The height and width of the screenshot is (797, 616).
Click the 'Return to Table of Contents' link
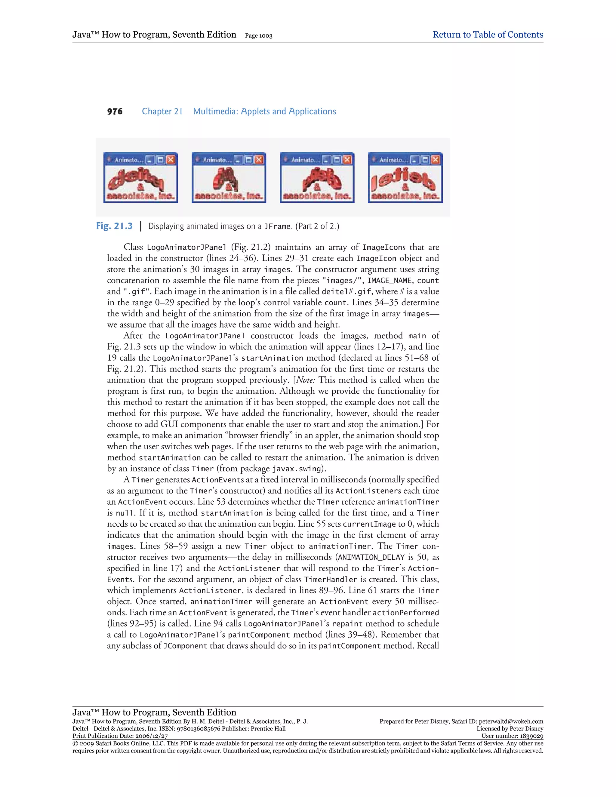(488, 35)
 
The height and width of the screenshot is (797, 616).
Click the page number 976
(115, 112)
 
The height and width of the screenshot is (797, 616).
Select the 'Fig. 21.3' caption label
(114, 226)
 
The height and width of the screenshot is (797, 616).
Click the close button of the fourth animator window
(435, 159)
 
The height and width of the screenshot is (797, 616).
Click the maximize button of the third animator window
(337, 159)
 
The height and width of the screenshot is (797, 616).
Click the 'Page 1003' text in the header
(259, 36)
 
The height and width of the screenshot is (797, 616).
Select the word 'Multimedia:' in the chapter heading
(215, 112)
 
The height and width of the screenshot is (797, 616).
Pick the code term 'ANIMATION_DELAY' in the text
(371, 557)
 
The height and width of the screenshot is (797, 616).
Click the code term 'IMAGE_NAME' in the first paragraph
(390, 281)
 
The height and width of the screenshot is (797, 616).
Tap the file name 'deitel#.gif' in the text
(346, 291)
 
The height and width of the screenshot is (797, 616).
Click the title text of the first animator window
(126, 160)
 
